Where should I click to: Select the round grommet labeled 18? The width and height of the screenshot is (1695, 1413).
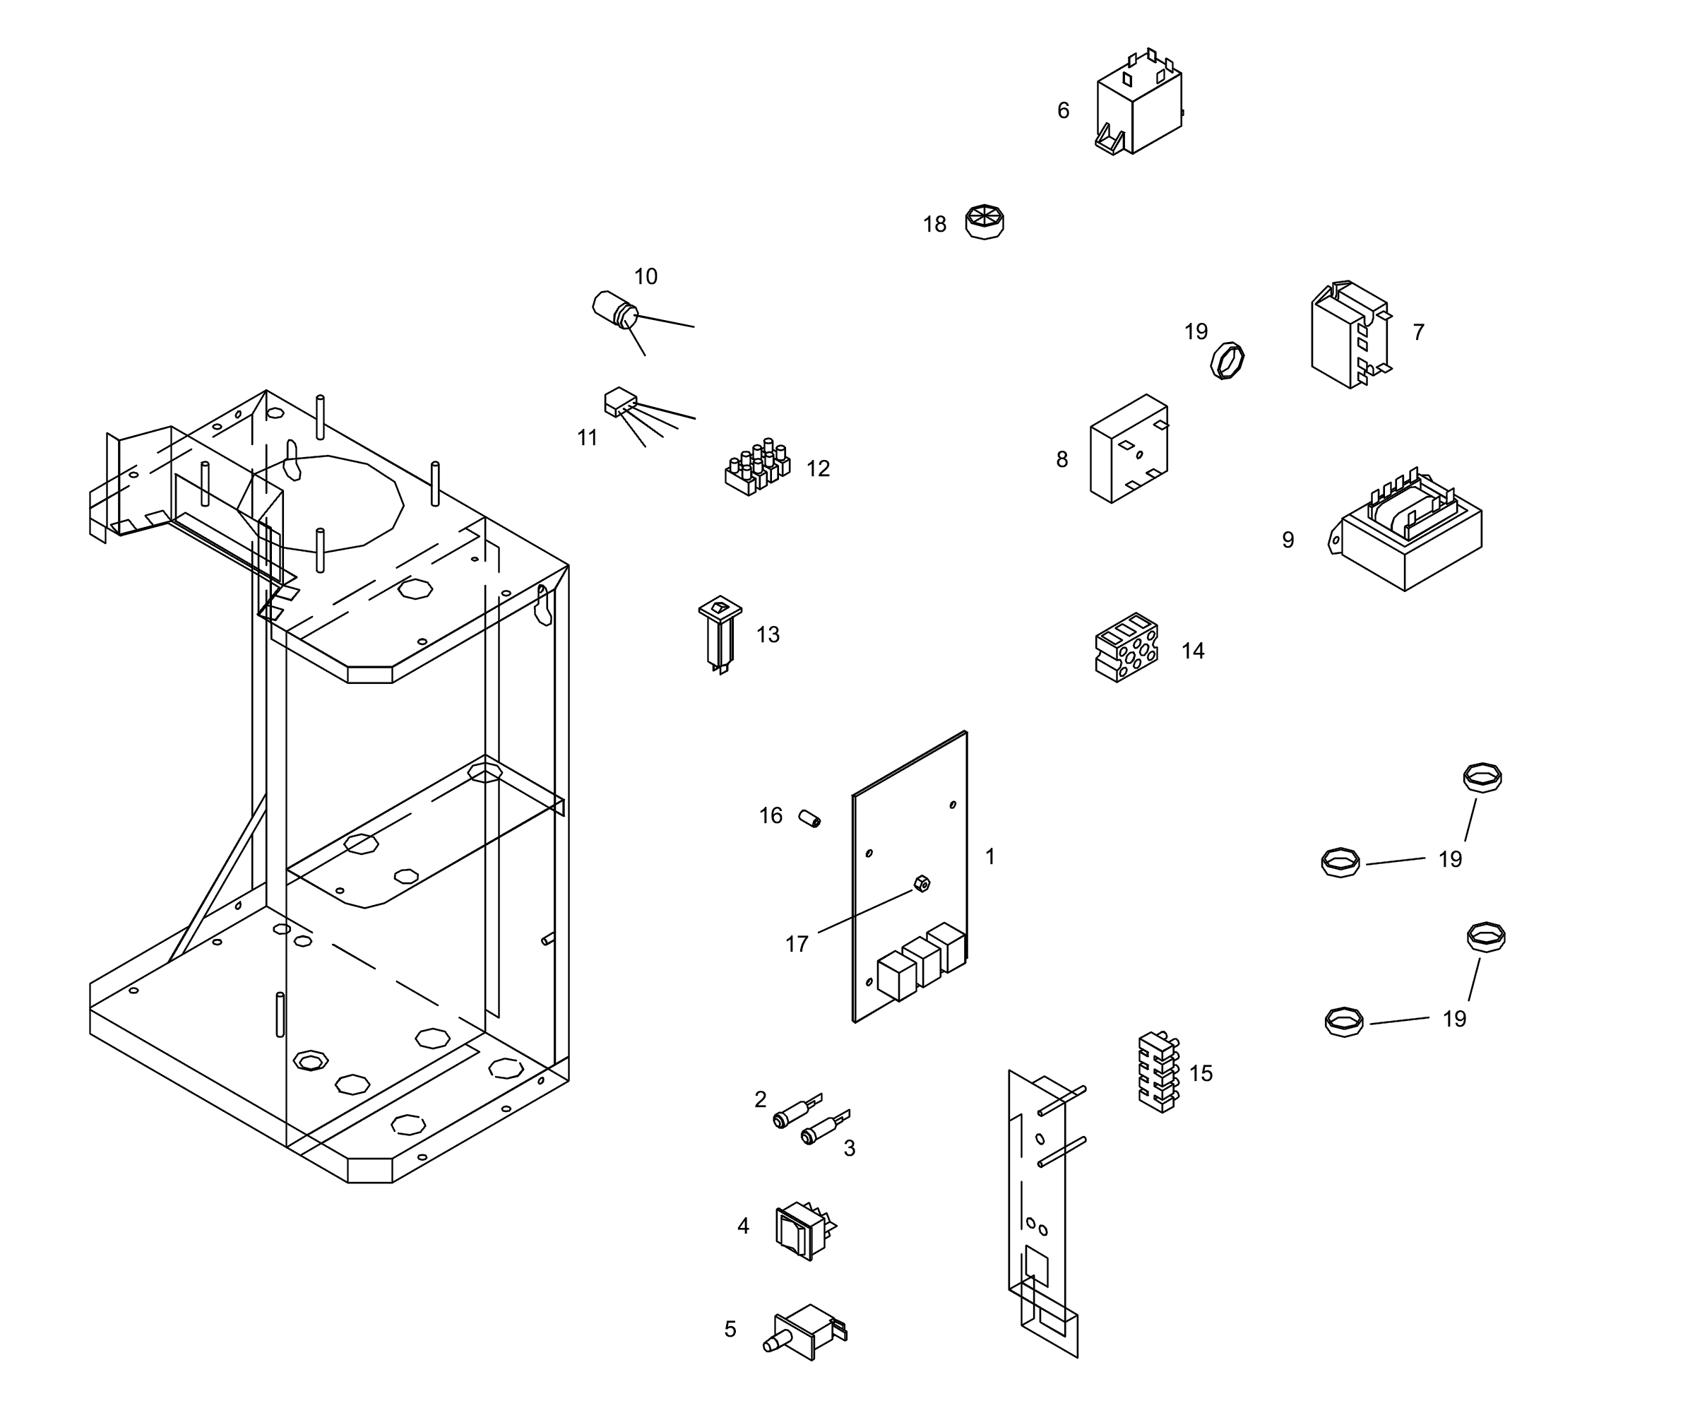tap(984, 221)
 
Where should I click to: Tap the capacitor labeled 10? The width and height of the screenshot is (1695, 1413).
tap(616, 309)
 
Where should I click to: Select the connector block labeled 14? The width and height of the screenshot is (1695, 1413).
tap(1126, 648)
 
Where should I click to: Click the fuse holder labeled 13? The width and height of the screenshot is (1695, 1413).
tap(719, 634)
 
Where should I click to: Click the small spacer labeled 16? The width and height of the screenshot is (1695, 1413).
tap(809, 818)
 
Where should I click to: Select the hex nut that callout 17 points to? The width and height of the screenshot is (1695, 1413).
tap(922, 883)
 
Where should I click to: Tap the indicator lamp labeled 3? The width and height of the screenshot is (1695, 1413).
tap(823, 1129)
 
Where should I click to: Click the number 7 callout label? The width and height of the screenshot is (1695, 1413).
tap(1418, 332)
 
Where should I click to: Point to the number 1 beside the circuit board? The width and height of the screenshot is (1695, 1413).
tap(990, 856)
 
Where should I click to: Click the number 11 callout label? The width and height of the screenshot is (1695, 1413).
tap(588, 437)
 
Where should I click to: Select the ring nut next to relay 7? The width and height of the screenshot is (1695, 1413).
tap(1227, 360)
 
